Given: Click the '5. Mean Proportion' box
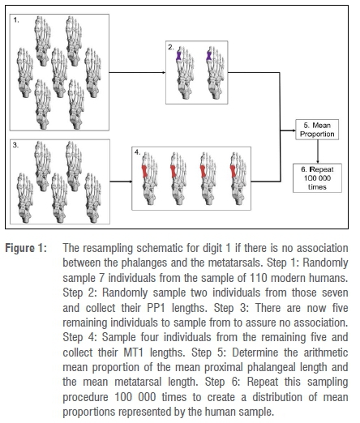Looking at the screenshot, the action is click(x=317, y=130).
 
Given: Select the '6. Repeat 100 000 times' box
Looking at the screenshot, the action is click(x=317, y=178).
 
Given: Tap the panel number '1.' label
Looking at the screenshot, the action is click(x=16, y=20).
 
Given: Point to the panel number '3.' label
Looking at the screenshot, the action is click(x=15, y=145).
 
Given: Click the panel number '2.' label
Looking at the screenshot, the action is click(x=171, y=47).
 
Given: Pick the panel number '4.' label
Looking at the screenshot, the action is click(x=137, y=152).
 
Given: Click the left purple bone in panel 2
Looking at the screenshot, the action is click(x=178, y=55).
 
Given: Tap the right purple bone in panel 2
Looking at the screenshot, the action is click(x=209, y=55).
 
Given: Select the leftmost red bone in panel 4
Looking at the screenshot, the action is click(x=145, y=171).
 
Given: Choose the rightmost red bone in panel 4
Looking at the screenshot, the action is click(x=233, y=171).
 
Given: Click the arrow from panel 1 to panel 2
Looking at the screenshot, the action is click(x=137, y=72).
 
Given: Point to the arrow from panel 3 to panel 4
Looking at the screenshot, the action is click(x=121, y=182).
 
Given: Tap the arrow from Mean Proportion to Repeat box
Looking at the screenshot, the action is click(x=318, y=152).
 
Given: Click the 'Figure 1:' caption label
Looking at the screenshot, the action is click(x=26, y=248).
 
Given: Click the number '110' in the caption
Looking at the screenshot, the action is click(x=258, y=278).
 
